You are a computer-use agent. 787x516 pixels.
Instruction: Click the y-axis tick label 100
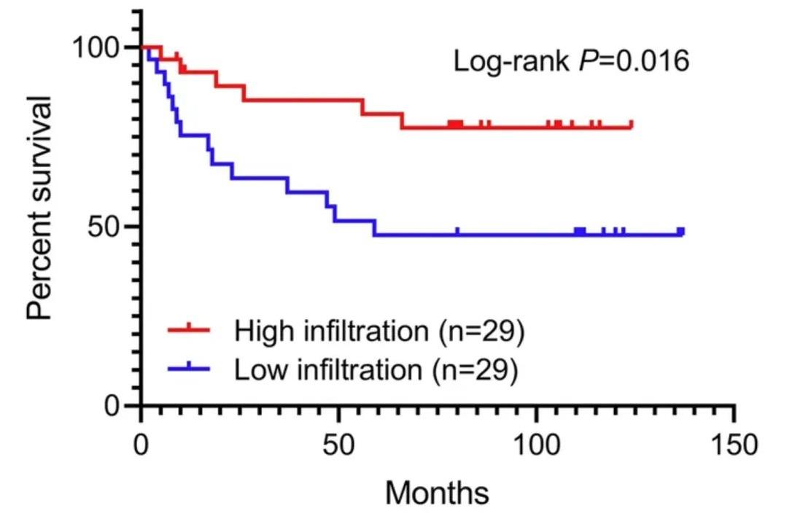tap(97, 47)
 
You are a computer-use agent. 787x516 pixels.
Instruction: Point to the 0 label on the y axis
tap(117, 405)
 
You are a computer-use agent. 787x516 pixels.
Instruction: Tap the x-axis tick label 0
tap(141, 444)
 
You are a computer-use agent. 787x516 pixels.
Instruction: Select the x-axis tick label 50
tap(338, 444)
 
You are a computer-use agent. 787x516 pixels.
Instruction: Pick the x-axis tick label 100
tap(536, 444)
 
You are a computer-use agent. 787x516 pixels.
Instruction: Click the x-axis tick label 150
tap(734, 444)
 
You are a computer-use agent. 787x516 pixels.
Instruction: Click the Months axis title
tap(437, 493)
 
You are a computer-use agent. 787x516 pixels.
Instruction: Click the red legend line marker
tap(187, 331)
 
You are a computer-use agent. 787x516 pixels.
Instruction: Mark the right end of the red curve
tap(631, 126)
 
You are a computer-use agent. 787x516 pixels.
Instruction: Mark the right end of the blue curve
tap(683, 233)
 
